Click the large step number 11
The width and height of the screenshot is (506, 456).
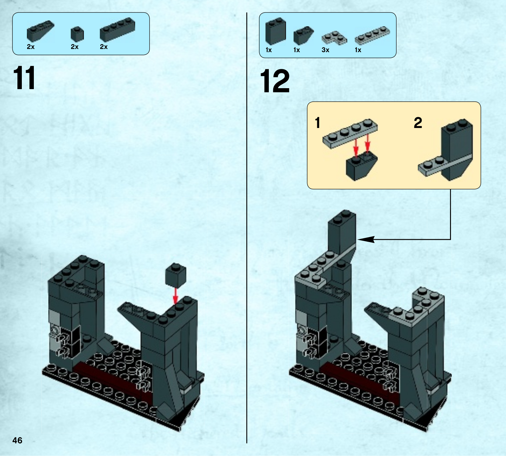click(x=24, y=78)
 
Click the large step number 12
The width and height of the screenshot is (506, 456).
click(x=275, y=81)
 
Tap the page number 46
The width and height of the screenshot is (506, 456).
click(x=17, y=440)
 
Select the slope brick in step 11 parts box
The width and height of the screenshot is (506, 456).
click(x=40, y=31)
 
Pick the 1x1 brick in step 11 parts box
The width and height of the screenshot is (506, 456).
click(x=77, y=34)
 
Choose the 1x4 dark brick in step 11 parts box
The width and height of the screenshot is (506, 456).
click(x=117, y=30)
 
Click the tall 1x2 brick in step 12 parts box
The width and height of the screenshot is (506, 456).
click(x=276, y=31)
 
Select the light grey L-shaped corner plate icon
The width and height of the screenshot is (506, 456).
click(x=334, y=38)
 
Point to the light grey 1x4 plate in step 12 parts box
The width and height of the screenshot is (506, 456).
click(x=372, y=35)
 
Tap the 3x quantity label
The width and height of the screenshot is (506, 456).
click(x=325, y=50)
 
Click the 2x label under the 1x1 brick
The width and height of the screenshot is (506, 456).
click(x=75, y=47)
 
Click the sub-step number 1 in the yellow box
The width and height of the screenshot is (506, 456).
click(x=318, y=123)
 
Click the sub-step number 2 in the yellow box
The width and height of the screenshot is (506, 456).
click(x=418, y=122)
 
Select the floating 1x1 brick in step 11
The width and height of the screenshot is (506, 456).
click(x=176, y=275)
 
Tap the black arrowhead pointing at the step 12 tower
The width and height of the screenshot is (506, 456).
click(x=366, y=240)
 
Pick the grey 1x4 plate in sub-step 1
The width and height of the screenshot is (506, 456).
click(x=350, y=133)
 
